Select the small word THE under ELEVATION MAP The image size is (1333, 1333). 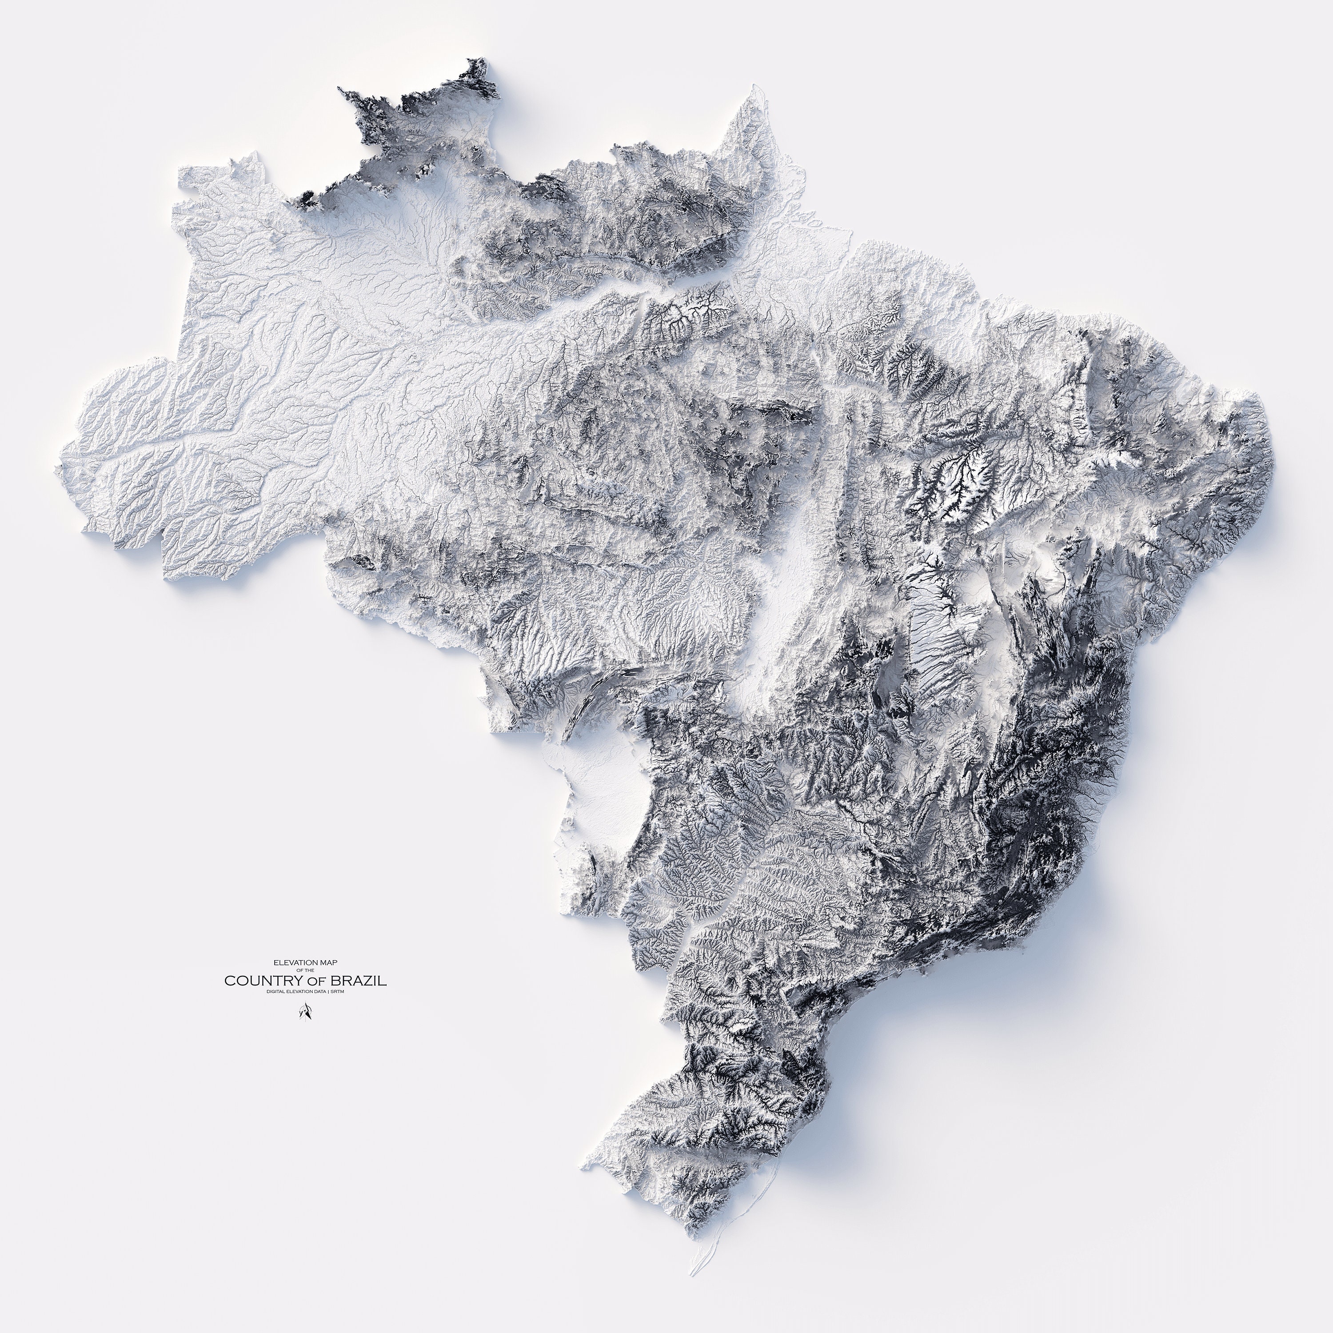tap(309, 970)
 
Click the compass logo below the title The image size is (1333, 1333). tap(305, 1011)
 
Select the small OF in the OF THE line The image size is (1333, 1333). tap(301, 970)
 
